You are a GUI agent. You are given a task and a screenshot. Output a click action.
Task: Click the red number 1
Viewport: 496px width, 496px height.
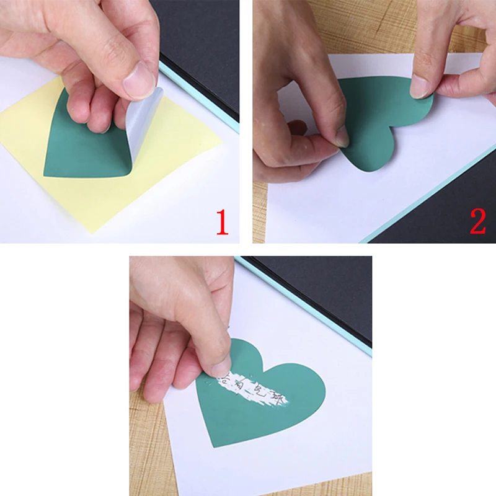click(x=222, y=221)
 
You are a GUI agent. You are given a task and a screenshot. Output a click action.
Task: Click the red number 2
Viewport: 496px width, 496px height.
click(x=477, y=221)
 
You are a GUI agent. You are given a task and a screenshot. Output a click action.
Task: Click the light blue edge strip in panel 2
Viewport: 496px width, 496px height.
click(x=422, y=198)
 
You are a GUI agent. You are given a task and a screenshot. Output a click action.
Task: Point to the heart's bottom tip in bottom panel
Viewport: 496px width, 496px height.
click(x=214, y=445)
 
